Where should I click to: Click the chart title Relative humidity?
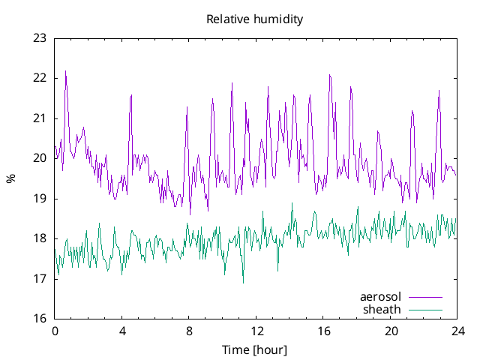tap(255, 19)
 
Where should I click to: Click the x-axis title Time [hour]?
tap(255, 349)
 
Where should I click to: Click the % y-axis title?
tap(10, 178)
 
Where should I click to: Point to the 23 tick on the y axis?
tap(40, 38)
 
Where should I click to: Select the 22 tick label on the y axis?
tap(40, 78)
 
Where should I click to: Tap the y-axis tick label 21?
tap(40, 118)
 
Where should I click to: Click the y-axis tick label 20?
tap(40, 158)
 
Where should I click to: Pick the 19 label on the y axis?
tap(40, 199)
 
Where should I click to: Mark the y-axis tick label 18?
tap(40, 238)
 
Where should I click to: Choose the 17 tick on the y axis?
tap(40, 279)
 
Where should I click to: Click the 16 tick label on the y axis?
tap(40, 319)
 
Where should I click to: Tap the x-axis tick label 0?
tap(55, 331)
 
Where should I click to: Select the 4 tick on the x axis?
tap(121, 331)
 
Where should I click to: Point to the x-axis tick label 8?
tap(189, 331)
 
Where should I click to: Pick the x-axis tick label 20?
tap(390, 331)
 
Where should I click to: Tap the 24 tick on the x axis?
tap(457, 331)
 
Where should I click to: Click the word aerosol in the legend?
tap(381, 297)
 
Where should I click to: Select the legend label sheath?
tap(382, 309)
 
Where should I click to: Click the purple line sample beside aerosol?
tap(424, 298)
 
